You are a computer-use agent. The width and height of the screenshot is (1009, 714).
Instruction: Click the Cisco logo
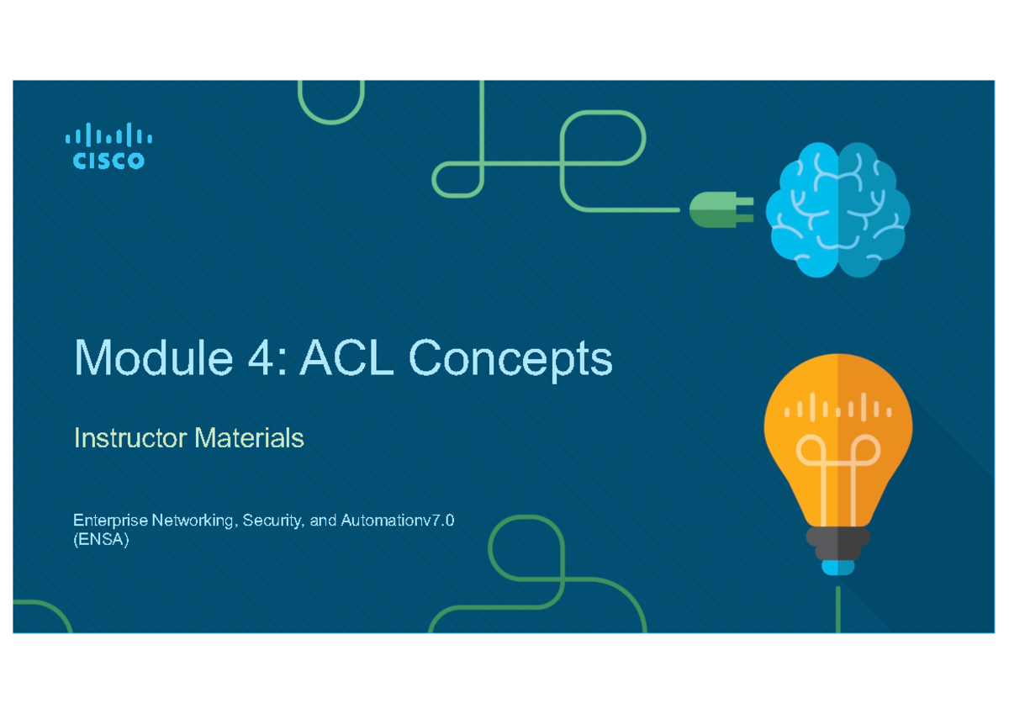coord(108,146)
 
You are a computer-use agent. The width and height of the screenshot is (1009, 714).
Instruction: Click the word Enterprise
coord(108,521)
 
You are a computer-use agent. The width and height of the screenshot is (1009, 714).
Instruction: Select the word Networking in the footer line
coord(193,521)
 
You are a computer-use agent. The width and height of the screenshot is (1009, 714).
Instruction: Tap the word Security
coord(275,521)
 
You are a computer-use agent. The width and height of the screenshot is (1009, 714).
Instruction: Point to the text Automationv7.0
coord(398,521)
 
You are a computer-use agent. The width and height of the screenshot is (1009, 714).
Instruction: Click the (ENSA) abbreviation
coord(101,542)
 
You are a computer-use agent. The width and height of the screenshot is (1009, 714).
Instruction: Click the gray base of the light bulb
coord(837,542)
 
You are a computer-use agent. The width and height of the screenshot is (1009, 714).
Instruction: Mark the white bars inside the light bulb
coord(837,410)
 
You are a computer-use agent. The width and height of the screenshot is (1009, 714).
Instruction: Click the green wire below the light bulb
coord(838,606)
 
